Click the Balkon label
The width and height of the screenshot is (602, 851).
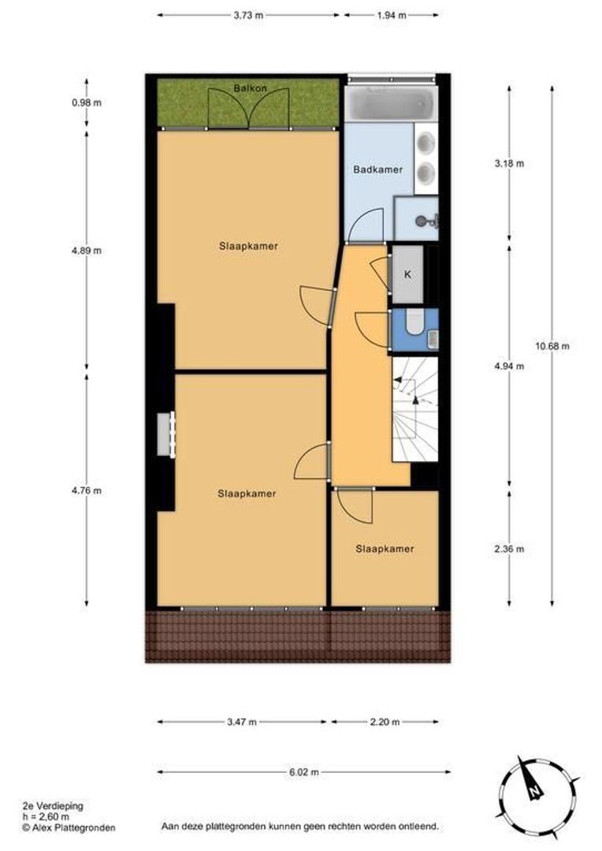tap(250, 88)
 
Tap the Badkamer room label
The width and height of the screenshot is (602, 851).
tap(377, 170)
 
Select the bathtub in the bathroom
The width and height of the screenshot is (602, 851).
tap(391, 103)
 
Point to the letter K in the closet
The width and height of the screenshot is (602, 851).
tap(407, 275)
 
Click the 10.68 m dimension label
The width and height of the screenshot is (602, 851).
tap(552, 346)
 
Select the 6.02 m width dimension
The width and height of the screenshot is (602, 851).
tap(304, 771)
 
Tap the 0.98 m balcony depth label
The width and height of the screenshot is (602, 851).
tap(87, 102)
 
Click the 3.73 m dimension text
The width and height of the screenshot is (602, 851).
tap(248, 15)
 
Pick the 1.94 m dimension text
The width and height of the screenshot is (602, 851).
tap(392, 15)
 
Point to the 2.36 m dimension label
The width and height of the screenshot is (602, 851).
tap(509, 548)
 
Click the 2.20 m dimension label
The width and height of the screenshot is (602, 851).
tap(385, 722)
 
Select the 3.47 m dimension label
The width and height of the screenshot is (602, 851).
tap(242, 722)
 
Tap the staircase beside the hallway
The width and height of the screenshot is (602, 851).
tap(415, 409)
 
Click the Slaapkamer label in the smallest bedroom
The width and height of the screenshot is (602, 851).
tap(385, 548)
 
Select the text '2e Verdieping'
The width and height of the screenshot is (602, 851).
tap(53, 806)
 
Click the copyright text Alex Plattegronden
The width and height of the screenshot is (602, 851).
tap(69, 827)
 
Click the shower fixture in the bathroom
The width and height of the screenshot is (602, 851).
tap(426, 221)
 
